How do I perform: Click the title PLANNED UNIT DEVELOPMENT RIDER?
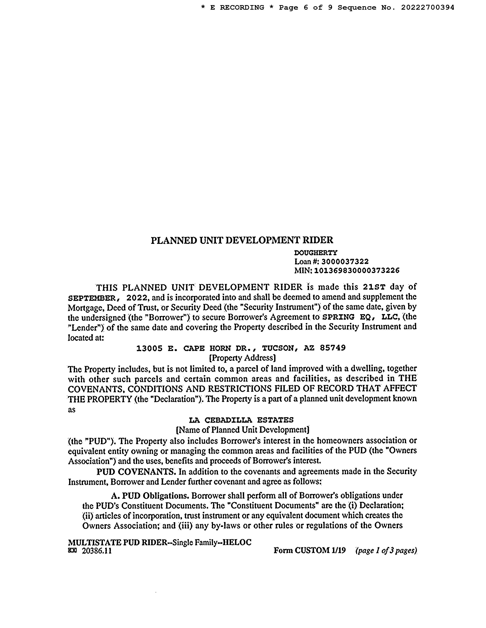242,240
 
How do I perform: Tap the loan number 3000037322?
345,262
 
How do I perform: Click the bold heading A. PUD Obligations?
150,496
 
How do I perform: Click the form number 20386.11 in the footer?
97,551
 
